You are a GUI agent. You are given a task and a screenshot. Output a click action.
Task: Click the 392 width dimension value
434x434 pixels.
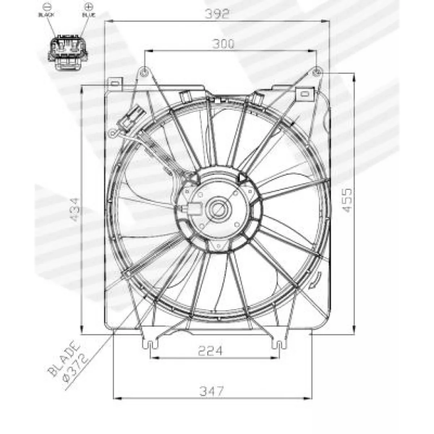click(217, 14)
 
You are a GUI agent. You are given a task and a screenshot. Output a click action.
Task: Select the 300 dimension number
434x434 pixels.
click(223, 44)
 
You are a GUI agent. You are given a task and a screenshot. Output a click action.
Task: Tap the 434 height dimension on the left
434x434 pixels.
click(75, 209)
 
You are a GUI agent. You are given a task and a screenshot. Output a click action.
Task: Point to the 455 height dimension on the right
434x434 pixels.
click(347, 200)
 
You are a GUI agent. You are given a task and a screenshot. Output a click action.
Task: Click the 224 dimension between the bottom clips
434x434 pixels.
click(210, 351)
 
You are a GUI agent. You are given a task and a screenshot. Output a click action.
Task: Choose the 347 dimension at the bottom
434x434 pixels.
click(212, 391)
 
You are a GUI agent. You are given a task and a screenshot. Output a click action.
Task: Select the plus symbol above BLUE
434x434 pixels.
click(89, 7)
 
